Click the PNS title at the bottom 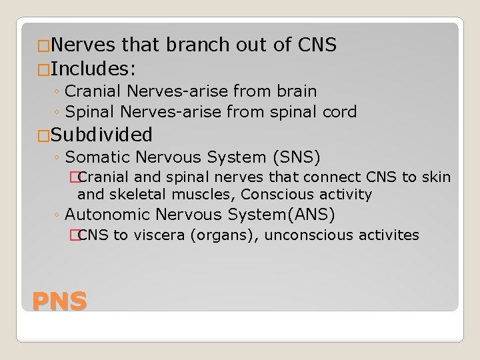(60, 301)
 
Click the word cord (341, 111)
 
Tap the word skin (437, 177)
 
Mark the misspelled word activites (389, 235)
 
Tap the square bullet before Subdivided (27, 135)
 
